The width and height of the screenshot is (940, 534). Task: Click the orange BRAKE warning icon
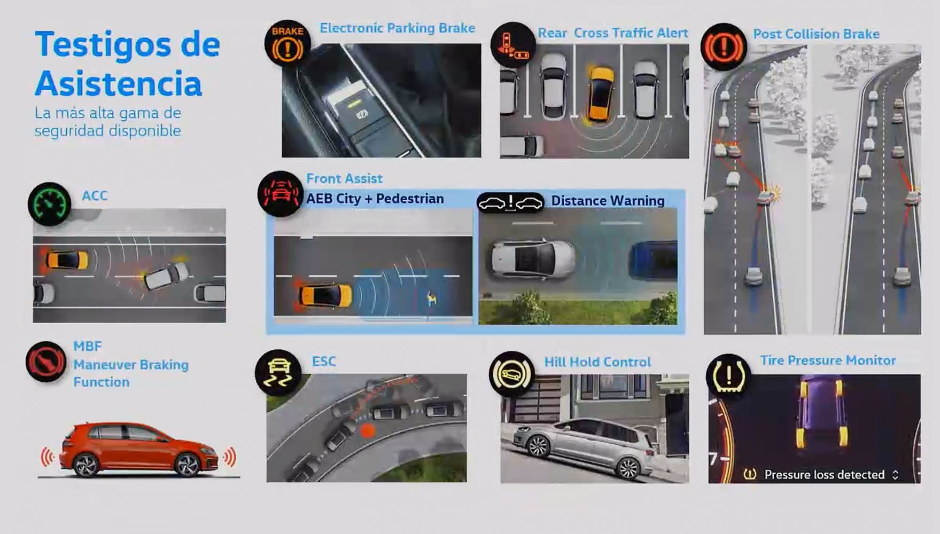pyautogui.click(x=288, y=43)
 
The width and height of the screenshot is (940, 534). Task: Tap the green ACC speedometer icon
pyautogui.click(x=50, y=203)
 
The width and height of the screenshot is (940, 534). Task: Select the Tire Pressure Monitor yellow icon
pyautogui.click(x=728, y=376)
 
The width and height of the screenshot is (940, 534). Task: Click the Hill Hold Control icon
pyautogui.click(x=511, y=374)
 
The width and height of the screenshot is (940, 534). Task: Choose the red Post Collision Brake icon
pyautogui.click(x=724, y=47)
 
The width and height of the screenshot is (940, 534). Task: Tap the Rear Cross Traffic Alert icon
pyautogui.click(x=513, y=44)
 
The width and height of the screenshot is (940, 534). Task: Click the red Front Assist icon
pyautogui.click(x=281, y=193)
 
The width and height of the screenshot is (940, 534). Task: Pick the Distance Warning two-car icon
pyautogui.click(x=510, y=203)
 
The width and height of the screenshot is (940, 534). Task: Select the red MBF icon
pyautogui.click(x=46, y=362)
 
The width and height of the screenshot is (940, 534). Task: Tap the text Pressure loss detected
pyautogui.click(x=825, y=475)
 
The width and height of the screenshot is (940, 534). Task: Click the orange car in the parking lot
pyautogui.click(x=601, y=93)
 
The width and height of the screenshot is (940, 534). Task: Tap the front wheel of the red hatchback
pyautogui.click(x=188, y=465)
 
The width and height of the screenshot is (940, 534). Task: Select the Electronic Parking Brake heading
pyautogui.click(x=397, y=28)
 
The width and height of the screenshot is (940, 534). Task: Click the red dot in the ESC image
pyautogui.click(x=368, y=430)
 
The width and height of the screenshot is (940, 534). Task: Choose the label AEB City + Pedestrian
pyautogui.click(x=375, y=199)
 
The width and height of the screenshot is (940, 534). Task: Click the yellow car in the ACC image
pyautogui.click(x=67, y=261)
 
